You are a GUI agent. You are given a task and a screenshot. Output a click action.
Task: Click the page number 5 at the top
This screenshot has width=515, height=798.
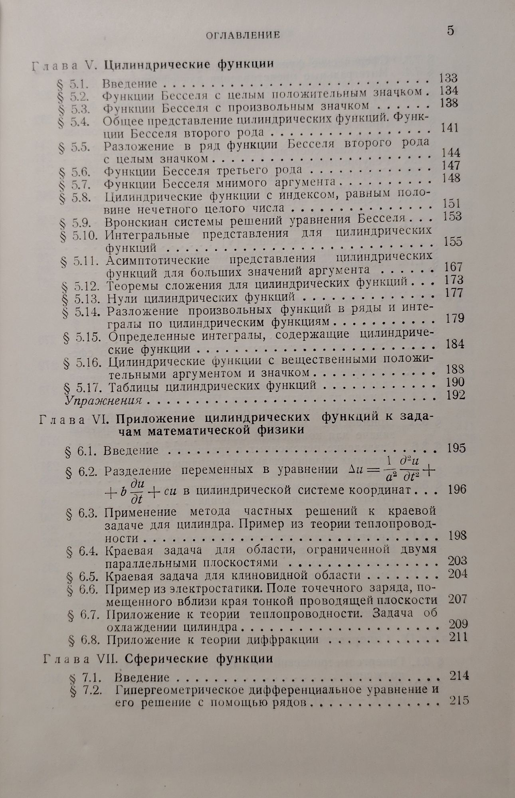450,31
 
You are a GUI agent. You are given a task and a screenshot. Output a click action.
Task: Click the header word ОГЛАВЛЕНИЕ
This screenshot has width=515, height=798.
242,35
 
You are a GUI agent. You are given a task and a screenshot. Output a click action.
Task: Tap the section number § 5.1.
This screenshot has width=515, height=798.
73,85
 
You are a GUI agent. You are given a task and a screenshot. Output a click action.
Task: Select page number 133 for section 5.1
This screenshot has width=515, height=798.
448,78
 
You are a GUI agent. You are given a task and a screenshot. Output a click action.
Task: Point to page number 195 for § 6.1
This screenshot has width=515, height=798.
456,448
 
